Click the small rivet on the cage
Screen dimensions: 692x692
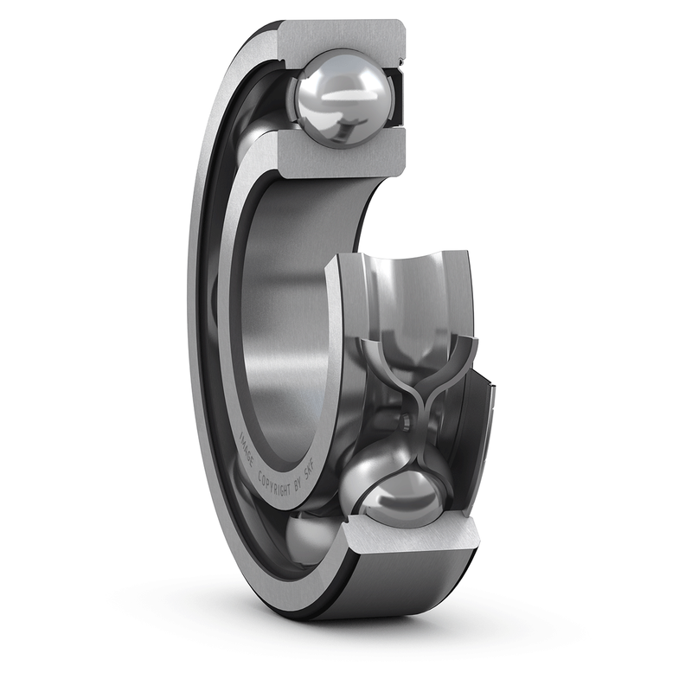[x=403, y=421]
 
